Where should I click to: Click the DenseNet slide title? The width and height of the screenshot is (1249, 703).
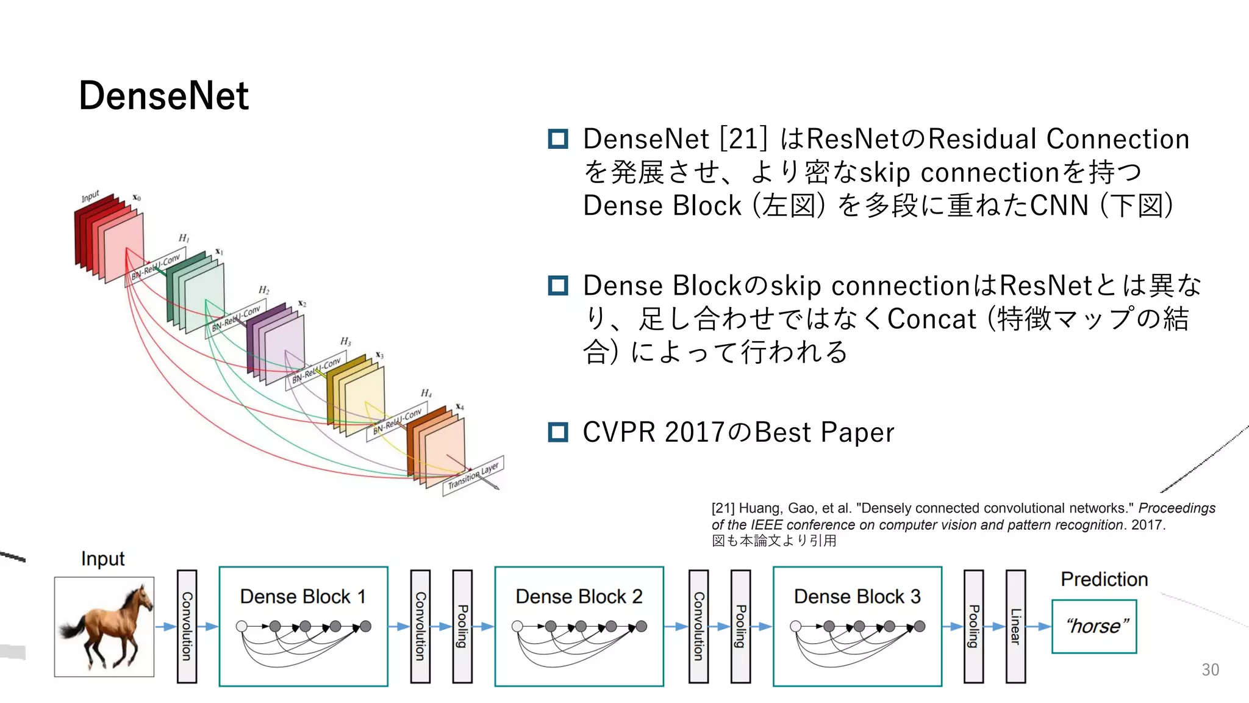163,96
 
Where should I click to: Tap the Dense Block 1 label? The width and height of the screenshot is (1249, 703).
302,596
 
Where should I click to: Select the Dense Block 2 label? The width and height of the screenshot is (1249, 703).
579,596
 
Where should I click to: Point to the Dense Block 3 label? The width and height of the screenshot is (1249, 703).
857,596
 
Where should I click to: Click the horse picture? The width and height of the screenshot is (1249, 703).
104,627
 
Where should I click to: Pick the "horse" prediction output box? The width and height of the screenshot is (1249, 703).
1094,627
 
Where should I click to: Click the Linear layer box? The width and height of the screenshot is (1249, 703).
1015,627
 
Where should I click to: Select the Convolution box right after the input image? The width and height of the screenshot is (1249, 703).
187,627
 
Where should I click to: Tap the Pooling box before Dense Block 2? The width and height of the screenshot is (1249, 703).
462,627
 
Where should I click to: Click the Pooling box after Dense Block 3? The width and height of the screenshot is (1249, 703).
973,627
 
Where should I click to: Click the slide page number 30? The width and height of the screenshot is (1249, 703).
1210,669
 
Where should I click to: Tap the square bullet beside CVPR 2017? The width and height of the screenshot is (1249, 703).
558,432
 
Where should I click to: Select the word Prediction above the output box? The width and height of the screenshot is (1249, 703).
1104,579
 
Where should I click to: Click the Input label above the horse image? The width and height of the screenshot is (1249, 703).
102,559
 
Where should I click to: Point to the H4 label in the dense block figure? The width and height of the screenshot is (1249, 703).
426,393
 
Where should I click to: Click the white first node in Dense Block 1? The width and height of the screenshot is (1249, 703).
242,626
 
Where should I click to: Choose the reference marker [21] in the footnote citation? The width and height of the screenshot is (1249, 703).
723,508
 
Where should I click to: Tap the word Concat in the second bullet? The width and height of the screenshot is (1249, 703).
931,319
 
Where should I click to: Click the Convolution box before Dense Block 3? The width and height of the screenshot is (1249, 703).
698,627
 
